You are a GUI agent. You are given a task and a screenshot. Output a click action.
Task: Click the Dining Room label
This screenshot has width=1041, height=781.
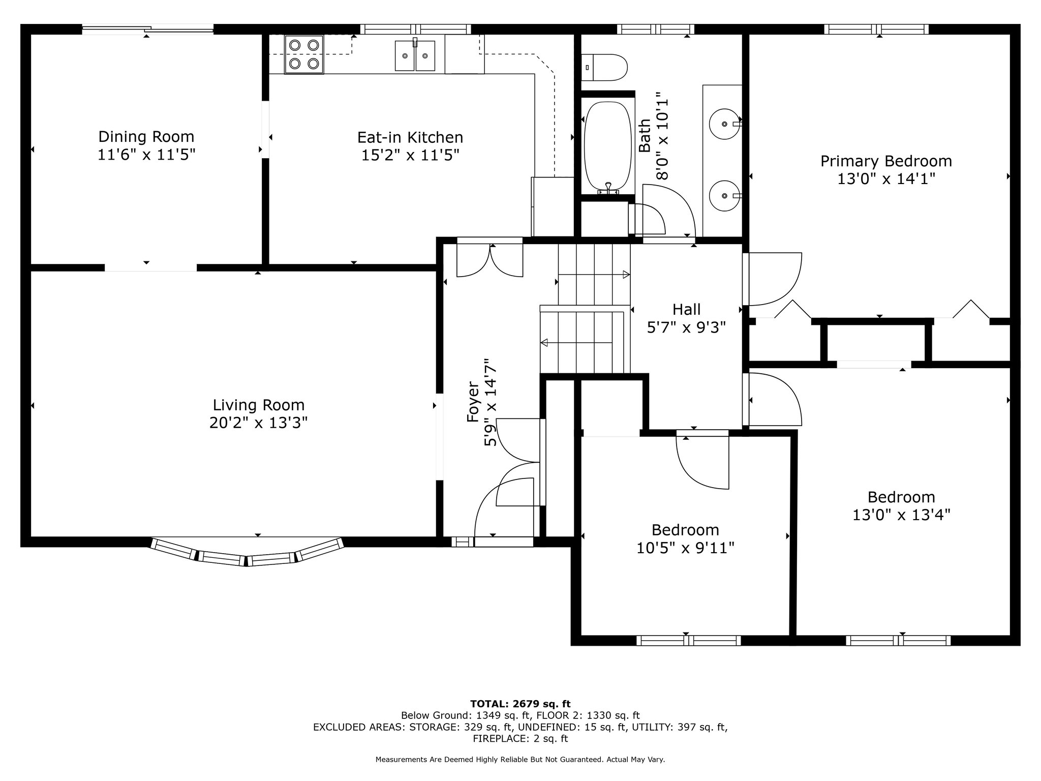(146, 137)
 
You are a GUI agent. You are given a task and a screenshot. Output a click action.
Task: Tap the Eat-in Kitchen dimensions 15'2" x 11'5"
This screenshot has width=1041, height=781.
(410, 155)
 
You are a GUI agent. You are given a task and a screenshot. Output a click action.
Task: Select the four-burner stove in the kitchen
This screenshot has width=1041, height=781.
(304, 54)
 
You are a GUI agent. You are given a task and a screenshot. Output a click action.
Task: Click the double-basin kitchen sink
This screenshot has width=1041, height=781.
(415, 55)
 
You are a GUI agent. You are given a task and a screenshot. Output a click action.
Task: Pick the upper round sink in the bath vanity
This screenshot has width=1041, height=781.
(725, 124)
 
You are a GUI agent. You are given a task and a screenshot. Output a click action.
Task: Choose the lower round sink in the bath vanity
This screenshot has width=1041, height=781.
(725, 195)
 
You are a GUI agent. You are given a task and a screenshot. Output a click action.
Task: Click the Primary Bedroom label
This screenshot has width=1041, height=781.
(886, 161)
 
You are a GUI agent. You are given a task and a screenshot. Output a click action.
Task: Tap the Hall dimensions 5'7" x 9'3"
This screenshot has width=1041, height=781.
(686, 327)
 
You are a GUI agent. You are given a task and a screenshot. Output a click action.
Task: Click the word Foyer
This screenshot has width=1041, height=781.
(473, 402)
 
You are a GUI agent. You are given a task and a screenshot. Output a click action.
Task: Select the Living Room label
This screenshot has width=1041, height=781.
(258, 405)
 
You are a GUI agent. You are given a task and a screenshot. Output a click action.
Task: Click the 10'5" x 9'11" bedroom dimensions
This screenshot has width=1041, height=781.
(685, 548)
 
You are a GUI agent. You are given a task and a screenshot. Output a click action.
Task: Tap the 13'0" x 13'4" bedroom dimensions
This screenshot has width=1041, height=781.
(901, 515)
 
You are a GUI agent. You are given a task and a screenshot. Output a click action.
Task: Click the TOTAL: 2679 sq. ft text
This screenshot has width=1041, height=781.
(520, 704)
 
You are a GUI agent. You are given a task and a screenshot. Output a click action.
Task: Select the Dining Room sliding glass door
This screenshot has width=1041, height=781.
(147, 29)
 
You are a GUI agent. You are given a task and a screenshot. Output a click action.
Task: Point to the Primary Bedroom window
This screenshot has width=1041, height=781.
(876, 29)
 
